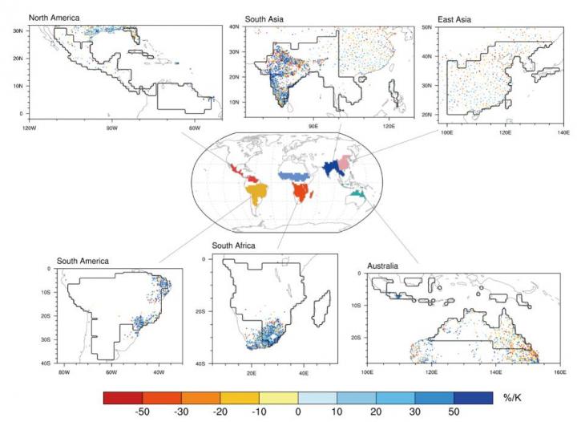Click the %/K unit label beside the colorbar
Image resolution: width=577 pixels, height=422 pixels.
tap(511, 399)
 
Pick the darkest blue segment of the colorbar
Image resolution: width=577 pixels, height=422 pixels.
tap(473, 399)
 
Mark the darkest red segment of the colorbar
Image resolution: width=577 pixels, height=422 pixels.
tap(123, 399)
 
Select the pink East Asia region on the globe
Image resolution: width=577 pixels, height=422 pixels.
tap(347, 165)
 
